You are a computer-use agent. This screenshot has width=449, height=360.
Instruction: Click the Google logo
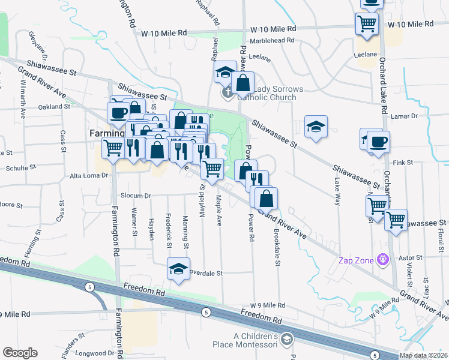20,353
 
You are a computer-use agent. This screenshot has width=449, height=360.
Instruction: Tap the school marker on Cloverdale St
178,269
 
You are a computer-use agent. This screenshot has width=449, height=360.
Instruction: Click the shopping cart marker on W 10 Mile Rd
367,25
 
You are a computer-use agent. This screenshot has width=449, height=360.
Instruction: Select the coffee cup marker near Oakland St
118,111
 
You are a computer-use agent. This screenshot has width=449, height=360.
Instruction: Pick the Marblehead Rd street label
272,41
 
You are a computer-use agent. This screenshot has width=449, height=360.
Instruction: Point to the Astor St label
411,257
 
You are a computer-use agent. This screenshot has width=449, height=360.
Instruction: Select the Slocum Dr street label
134,196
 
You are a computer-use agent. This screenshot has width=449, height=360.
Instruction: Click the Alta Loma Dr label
88,176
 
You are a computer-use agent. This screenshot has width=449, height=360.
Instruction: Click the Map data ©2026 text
424,355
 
